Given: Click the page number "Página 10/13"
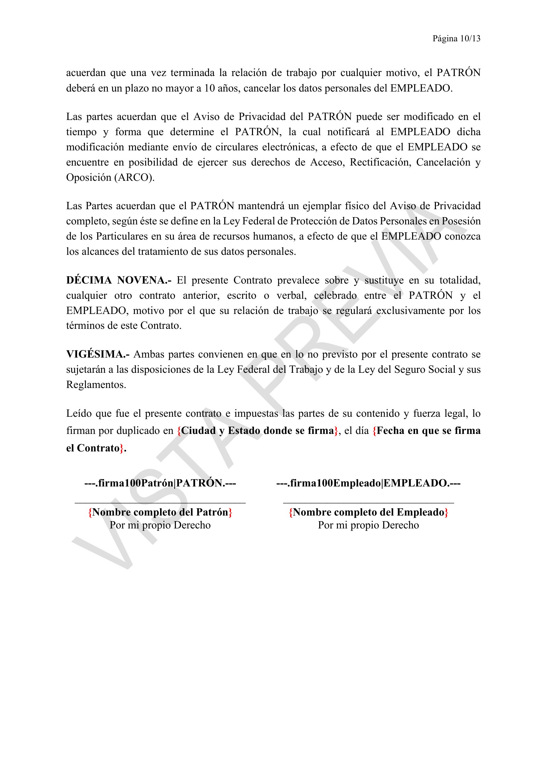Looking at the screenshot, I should click(x=456, y=39).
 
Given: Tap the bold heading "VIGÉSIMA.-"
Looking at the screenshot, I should click(x=98, y=354).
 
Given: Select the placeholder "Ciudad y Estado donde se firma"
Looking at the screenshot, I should click(x=258, y=431).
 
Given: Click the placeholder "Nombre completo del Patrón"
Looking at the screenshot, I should click(x=160, y=512).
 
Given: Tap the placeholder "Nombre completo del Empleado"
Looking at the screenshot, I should click(x=368, y=512).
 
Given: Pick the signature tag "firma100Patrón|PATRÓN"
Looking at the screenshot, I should click(x=160, y=483).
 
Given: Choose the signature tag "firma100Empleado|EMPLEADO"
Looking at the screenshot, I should click(x=368, y=483).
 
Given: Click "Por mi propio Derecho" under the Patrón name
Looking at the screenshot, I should click(x=160, y=525).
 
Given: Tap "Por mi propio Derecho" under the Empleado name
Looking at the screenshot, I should click(x=368, y=525).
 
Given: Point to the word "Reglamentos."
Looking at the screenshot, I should click(x=96, y=384).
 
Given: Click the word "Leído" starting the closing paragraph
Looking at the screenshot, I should click(x=79, y=413).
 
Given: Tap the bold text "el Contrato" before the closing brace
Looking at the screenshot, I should click(x=93, y=448).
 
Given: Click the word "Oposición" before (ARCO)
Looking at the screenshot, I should click(x=89, y=177).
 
